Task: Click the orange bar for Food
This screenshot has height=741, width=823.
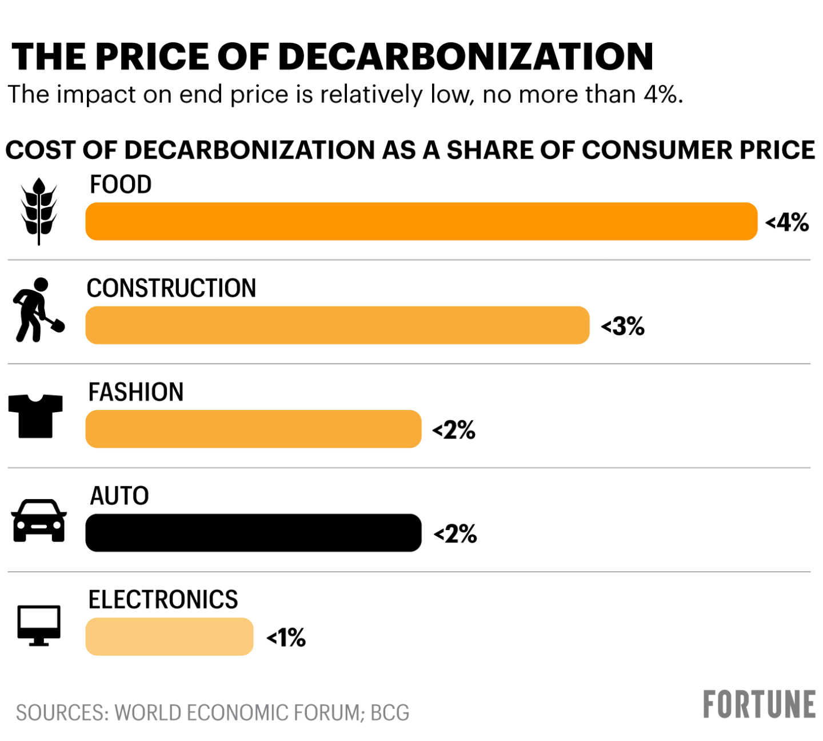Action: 421,221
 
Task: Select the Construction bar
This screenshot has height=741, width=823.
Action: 337,325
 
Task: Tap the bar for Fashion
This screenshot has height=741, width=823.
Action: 253,429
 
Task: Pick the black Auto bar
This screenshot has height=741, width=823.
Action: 253,533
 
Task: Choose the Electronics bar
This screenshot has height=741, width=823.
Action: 169,636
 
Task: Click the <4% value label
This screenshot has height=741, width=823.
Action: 787,222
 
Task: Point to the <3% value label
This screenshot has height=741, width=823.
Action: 622,326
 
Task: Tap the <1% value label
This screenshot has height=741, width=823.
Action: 286,638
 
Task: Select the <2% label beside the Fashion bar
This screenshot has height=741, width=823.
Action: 454,430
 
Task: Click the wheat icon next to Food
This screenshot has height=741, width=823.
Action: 39,211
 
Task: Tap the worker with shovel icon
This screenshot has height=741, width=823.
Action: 38,310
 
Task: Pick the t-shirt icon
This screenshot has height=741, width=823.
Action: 35,416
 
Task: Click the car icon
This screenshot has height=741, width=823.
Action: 39,520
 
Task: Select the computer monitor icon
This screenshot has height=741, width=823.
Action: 39,625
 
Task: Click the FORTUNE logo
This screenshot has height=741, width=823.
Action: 759,704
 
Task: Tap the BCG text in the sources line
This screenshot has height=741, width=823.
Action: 390,713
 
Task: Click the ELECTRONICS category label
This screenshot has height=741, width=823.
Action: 163,599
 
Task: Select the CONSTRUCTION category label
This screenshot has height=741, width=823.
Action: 171,288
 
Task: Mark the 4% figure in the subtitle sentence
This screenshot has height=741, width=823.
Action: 660,94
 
